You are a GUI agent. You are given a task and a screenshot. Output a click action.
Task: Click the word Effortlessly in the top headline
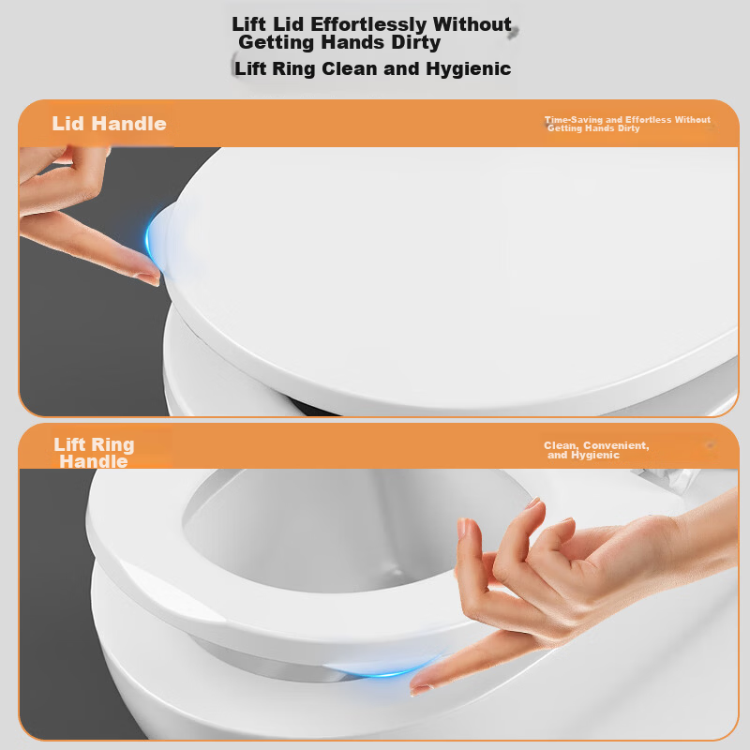point(367,25)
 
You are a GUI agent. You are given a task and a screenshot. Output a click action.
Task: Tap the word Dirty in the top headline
point(415,42)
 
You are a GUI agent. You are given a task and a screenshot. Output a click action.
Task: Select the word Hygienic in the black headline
point(468,68)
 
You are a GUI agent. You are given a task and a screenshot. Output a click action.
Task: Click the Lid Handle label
point(109,124)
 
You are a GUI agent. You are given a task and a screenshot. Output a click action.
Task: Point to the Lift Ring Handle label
point(94,453)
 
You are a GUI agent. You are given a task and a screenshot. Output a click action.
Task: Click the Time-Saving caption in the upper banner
point(627,124)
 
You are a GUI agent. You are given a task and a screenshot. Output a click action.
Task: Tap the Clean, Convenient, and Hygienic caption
point(596,450)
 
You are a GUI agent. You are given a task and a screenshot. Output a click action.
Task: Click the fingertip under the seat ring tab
point(419,686)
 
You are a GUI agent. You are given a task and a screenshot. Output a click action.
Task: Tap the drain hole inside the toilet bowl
point(396,572)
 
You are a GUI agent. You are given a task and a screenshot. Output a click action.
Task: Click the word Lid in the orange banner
point(67,124)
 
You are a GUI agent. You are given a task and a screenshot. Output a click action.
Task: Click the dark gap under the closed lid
point(311,408)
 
